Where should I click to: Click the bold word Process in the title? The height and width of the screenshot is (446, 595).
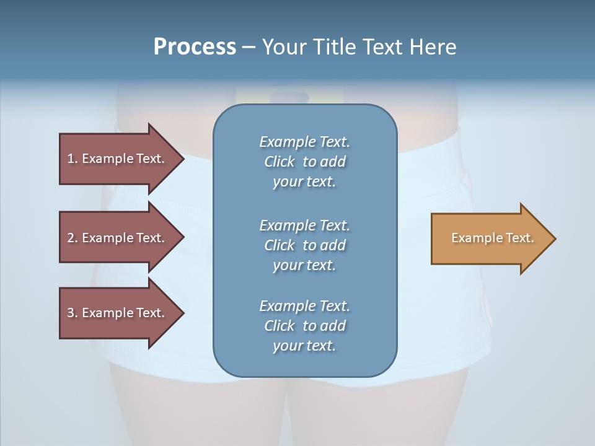pyautogui.click(x=195, y=47)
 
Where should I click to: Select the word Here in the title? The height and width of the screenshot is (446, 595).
pyautogui.click(x=432, y=47)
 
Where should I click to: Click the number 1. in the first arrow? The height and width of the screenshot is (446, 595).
pyautogui.click(x=72, y=159)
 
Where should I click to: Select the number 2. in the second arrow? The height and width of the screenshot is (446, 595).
pyautogui.click(x=72, y=238)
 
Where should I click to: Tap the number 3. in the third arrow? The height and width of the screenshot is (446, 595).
pyautogui.click(x=72, y=313)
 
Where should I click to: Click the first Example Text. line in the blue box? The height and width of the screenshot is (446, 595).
pyautogui.click(x=304, y=142)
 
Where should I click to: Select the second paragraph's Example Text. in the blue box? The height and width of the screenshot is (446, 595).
pyautogui.click(x=304, y=225)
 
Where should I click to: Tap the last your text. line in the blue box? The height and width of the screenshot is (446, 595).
pyautogui.click(x=304, y=346)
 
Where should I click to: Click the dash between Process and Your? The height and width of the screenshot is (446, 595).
pyautogui.click(x=249, y=47)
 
